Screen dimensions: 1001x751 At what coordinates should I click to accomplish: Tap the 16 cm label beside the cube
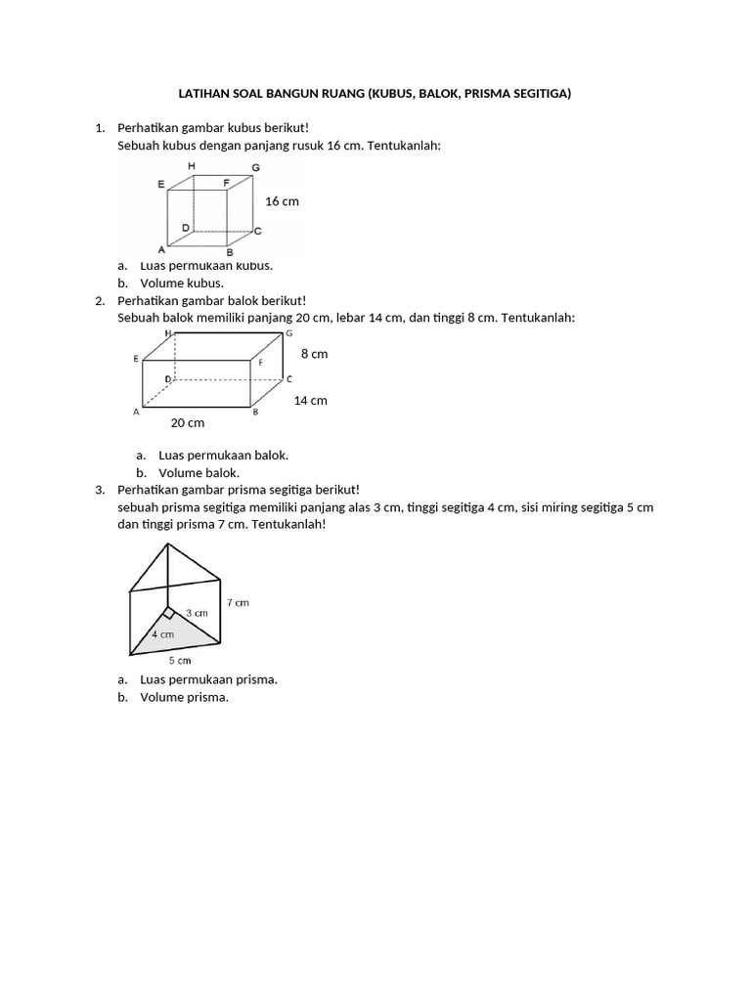click(282, 200)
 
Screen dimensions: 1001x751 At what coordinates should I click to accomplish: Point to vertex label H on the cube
click(192, 166)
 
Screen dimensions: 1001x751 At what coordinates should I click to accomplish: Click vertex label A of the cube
click(160, 249)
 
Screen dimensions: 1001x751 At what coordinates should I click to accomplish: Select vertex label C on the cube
click(257, 232)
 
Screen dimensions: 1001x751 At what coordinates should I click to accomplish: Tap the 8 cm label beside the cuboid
click(314, 354)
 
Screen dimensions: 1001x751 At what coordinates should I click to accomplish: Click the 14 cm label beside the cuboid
click(310, 400)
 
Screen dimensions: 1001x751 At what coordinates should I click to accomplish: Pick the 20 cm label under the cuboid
click(188, 422)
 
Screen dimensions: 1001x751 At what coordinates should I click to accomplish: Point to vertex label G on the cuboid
click(288, 334)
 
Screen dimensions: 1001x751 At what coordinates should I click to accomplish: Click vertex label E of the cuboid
click(136, 360)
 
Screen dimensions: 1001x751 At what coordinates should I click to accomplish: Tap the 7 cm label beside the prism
click(238, 603)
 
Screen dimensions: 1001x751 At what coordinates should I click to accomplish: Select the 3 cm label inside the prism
click(197, 613)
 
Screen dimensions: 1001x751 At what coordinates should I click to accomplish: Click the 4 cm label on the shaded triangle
click(162, 633)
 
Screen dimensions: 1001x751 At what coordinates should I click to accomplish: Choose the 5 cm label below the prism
click(179, 661)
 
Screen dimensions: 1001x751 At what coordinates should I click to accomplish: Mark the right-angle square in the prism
click(168, 613)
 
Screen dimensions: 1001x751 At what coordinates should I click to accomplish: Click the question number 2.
click(99, 301)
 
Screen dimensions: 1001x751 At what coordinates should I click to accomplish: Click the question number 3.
click(99, 489)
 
